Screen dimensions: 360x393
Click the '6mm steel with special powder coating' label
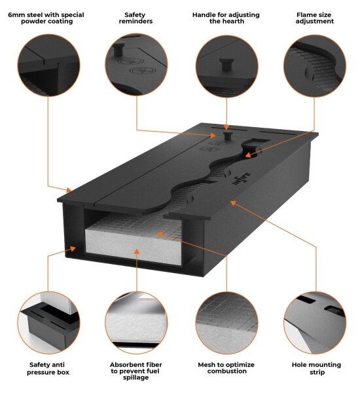(x=46, y=18)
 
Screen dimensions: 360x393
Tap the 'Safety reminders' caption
(x=135, y=18)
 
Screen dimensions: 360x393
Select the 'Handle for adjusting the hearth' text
(x=226, y=18)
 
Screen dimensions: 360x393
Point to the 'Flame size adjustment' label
(x=314, y=18)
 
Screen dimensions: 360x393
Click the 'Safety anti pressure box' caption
(x=48, y=368)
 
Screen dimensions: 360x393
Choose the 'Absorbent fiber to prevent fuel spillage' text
(x=135, y=371)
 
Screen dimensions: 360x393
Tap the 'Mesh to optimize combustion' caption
(x=226, y=368)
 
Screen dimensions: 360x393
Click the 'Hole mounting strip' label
(x=316, y=368)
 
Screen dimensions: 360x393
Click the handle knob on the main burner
(x=228, y=135)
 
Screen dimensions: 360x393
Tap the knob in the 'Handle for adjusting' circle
(x=226, y=64)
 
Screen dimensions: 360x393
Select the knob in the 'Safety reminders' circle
(x=118, y=49)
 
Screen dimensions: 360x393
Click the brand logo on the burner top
(x=242, y=179)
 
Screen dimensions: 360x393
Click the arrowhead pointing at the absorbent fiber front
(x=137, y=252)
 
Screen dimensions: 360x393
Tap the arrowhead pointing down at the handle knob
(x=226, y=127)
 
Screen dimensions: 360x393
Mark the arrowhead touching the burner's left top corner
(x=69, y=190)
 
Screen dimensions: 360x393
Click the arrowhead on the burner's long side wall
(x=233, y=202)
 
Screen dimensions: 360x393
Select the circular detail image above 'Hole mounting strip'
(x=315, y=323)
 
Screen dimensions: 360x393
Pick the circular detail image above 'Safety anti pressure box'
(x=48, y=323)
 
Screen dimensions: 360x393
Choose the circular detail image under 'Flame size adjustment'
(x=315, y=65)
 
